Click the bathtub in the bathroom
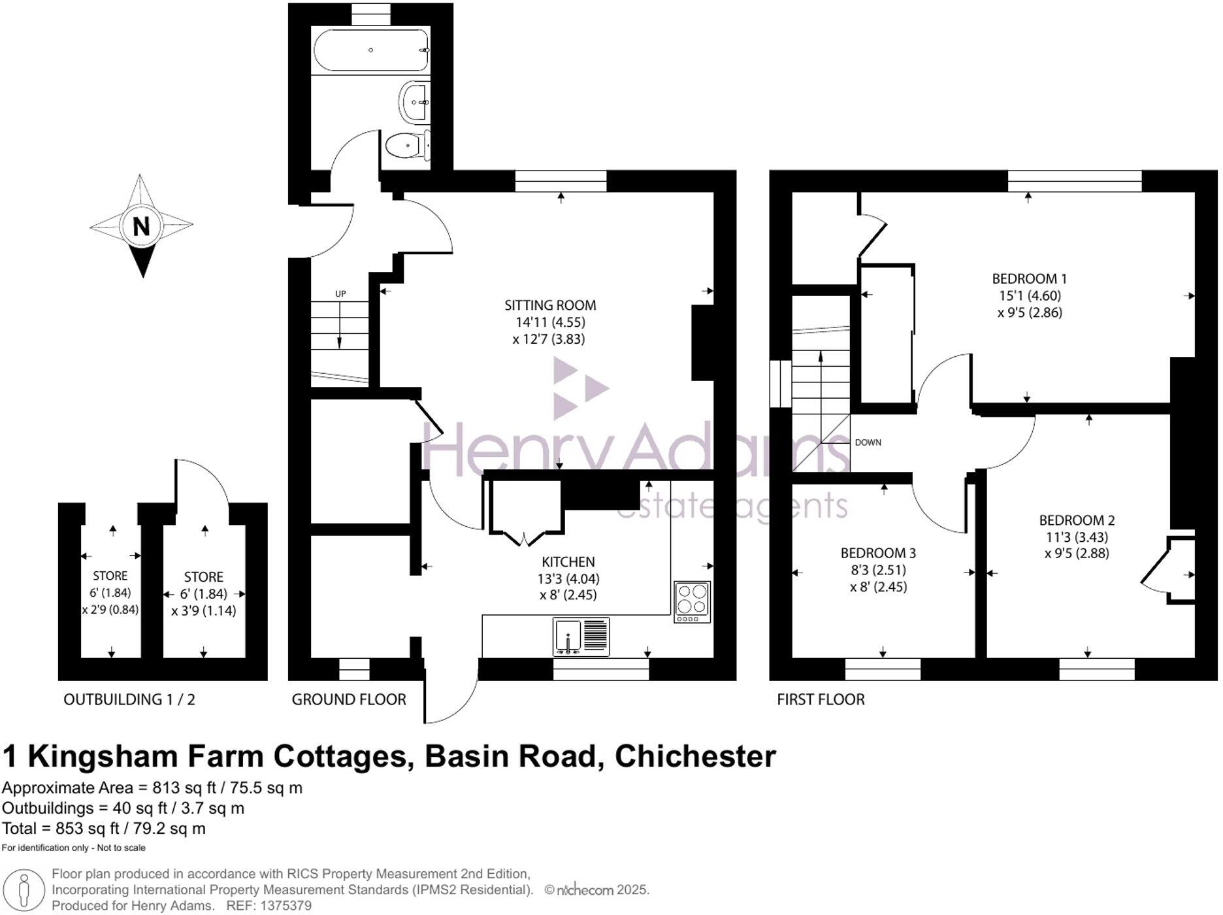(370, 50)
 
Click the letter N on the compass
(141, 226)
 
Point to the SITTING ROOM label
(550, 305)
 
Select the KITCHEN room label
(568, 561)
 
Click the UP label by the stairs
(340, 294)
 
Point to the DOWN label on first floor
(868, 442)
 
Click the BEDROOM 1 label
(1029, 278)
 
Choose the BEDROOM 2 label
(1077, 520)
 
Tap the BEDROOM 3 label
(878, 553)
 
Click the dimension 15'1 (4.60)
(1030, 295)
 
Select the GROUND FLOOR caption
(349, 699)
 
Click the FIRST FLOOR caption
(821, 699)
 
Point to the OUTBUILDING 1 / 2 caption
(129, 699)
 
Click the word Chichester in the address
(695, 756)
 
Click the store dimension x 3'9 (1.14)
(204, 611)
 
